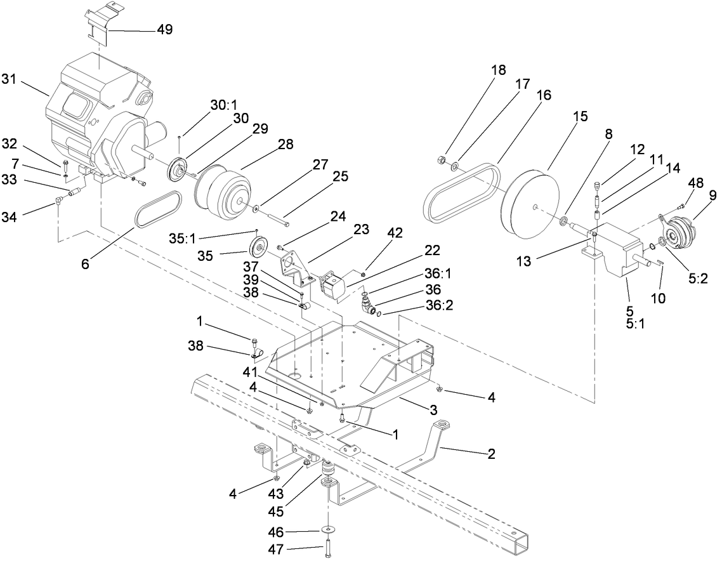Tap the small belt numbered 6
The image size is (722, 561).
[158, 208]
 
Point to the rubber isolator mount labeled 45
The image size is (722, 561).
[329, 471]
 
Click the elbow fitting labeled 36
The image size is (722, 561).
[366, 307]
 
